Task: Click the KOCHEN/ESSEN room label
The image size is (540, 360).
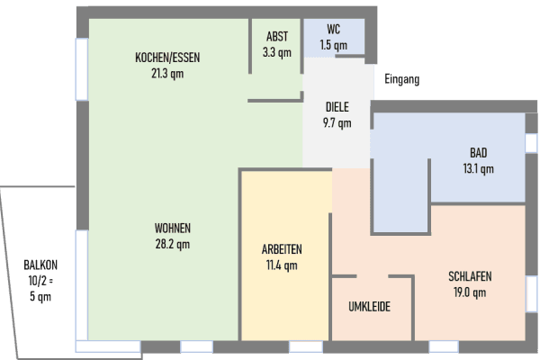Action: [167, 58]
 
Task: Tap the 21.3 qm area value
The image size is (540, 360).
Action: [167, 74]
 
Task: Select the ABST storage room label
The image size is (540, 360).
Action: [277, 37]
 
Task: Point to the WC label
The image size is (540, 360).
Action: [333, 29]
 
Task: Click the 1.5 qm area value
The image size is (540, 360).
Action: [333, 44]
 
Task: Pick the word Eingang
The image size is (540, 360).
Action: [401, 79]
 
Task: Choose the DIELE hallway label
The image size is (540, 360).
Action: [337, 107]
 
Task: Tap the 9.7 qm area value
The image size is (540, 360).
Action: [337, 123]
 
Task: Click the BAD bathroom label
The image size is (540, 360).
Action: [478, 152]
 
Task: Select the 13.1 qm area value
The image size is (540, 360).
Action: [478, 168]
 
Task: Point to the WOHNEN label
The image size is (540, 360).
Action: [173, 228]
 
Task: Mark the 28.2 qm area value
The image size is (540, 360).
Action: [173, 244]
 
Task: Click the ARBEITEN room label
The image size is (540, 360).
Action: [282, 249]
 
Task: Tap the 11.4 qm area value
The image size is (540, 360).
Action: [282, 265]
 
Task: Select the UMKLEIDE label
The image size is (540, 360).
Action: [369, 307]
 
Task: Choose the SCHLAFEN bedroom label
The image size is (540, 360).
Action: [470, 276]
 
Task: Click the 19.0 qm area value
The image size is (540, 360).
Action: [470, 292]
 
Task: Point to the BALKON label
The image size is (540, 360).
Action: [40, 265]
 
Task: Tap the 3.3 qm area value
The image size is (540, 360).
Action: [277, 52]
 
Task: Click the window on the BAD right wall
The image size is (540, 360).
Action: [531, 143]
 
